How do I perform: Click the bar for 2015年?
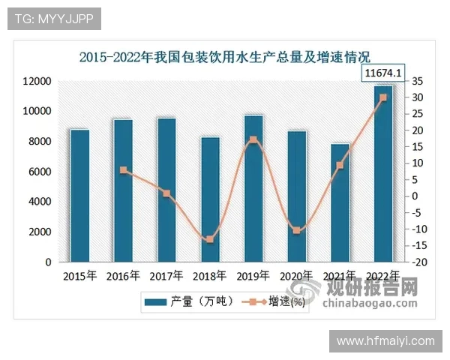pos(79,196)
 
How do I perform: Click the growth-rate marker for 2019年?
pos(253,140)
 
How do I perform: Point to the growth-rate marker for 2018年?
pos(210,239)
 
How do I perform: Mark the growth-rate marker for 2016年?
pos(123,170)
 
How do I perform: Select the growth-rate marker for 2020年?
pos(296,230)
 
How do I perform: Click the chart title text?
pos(225,56)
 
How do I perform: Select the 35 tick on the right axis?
pos(417,81)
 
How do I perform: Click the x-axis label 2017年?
pos(166,276)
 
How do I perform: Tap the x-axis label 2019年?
pos(253,276)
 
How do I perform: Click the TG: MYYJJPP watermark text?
pos(54,19)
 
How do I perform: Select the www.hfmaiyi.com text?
pos(385,341)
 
